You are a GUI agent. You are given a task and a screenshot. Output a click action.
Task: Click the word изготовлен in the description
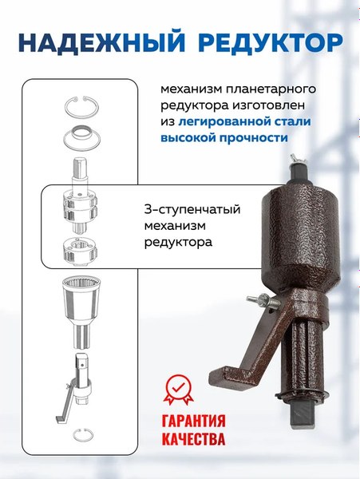(x=267, y=104)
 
